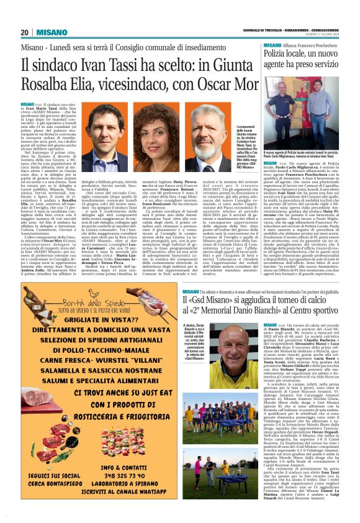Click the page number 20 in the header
(25, 32)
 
